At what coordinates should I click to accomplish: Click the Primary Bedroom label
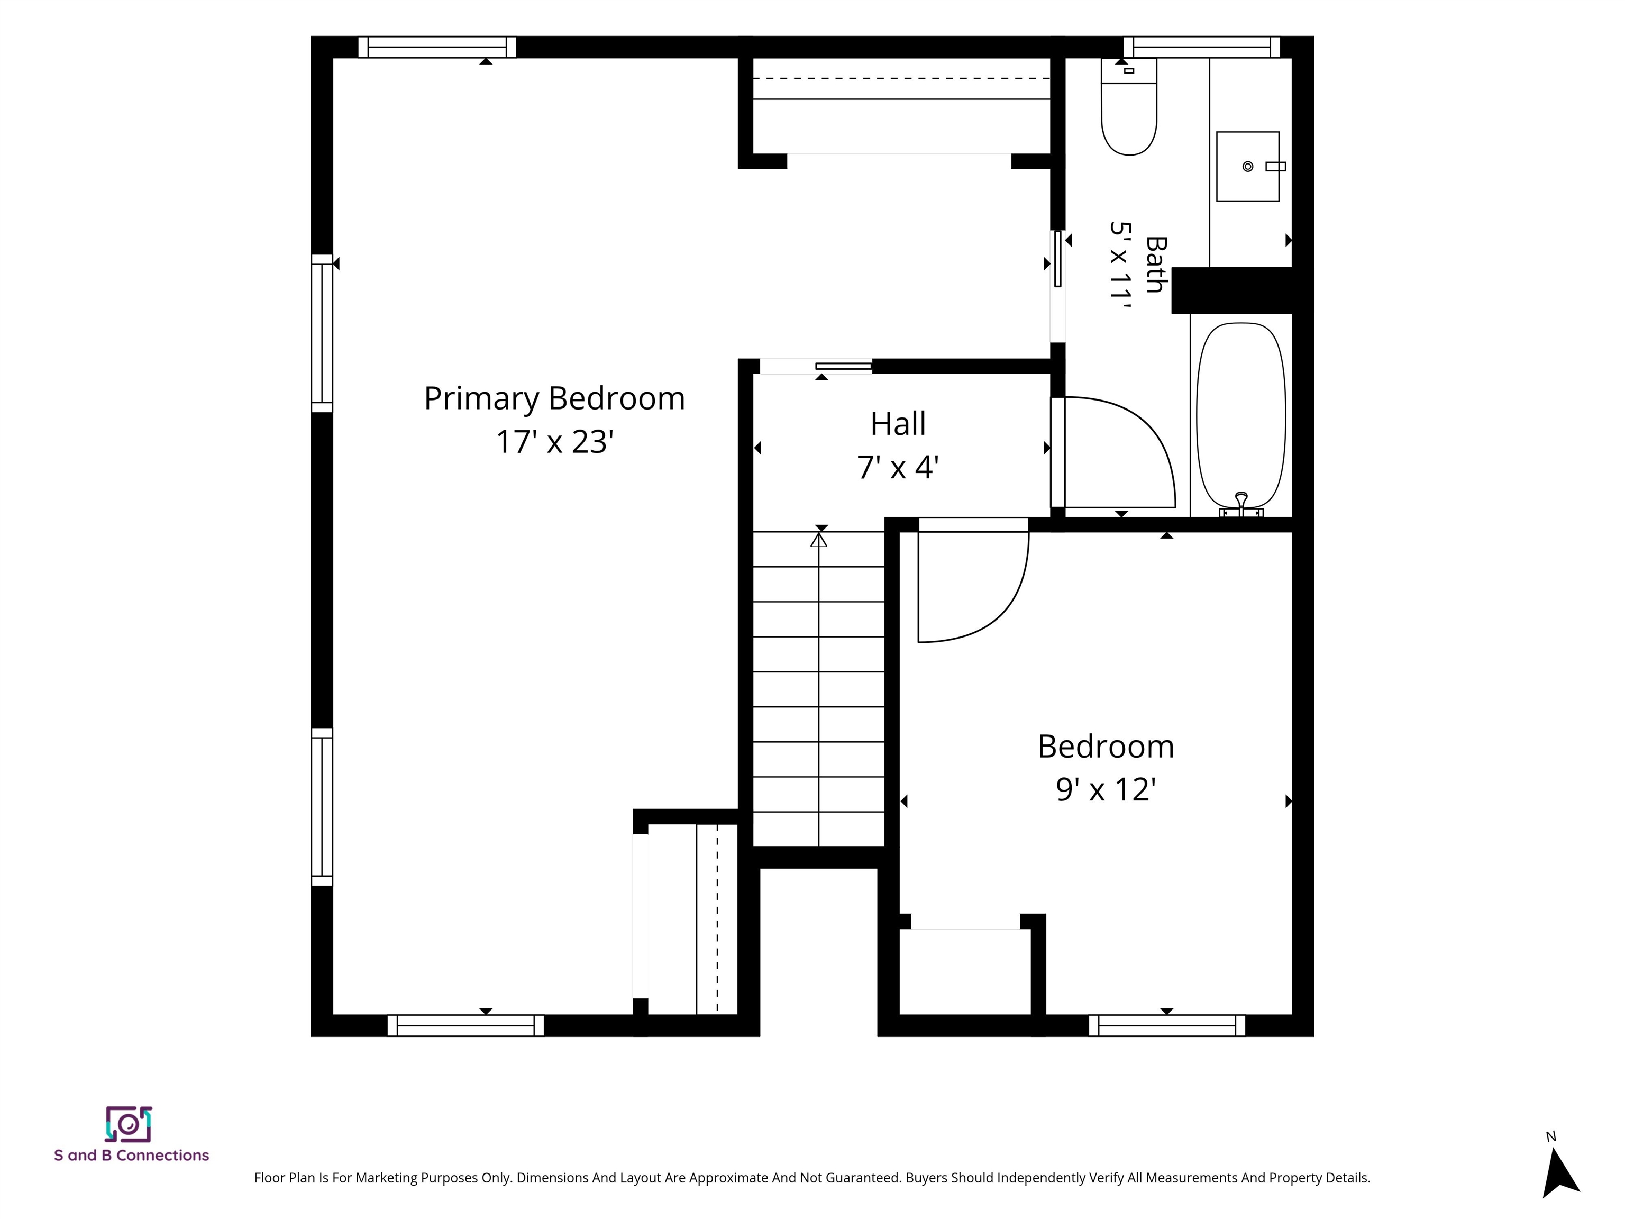(555, 399)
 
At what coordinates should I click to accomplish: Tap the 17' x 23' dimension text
(555, 442)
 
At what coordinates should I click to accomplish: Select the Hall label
(898, 424)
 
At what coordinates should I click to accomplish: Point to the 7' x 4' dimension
(898, 467)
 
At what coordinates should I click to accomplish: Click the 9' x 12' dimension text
(1106, 790)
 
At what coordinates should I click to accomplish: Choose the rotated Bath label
(1156, 265)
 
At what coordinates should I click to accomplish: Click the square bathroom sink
(1247, 167)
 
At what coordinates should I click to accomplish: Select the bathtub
(1241, 415)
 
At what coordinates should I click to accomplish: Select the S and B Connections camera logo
(129, 1124)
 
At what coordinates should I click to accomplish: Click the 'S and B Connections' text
(132, 1155)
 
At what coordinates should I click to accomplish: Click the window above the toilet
(1202, 47)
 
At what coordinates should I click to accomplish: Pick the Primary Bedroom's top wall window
(437, 47)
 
